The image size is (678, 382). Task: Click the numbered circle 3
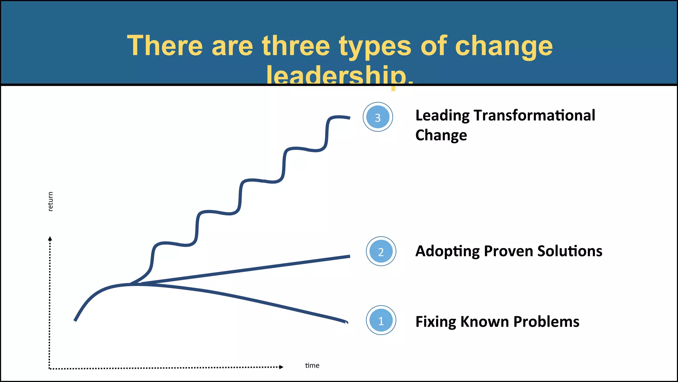coord(378,117)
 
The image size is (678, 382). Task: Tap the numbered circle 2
coord(381,251)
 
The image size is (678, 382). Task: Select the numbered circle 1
coord(381,320)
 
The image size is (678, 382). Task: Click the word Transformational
coord(534,115)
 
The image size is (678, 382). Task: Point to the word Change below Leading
coord(441,135)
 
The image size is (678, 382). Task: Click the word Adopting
coord(447,251)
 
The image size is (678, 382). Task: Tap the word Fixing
coord(435,322)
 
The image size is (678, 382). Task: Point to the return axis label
coord(50,201)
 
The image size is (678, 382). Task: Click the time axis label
coord(312,365)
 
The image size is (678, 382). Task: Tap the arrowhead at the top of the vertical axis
coord(50,238)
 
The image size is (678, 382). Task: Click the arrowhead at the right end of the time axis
coord(281,367)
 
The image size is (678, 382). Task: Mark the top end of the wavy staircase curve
coord(349,118)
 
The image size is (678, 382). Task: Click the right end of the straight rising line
coord(349,256)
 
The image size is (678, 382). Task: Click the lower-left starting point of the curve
coord(75,320)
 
